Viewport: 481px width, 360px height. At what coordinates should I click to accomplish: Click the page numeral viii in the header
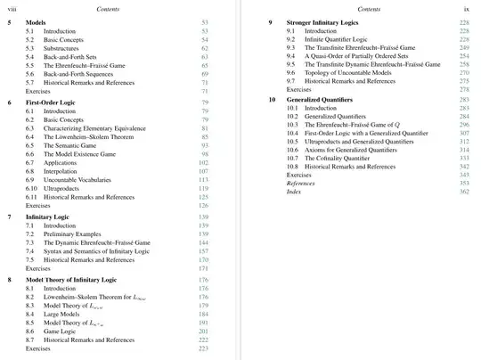point(12,6)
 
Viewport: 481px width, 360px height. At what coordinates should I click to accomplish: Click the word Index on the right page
point(294,192)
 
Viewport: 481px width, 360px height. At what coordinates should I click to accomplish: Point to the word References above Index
point(300,184)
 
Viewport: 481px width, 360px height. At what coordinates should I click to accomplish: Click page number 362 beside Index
point(464,192)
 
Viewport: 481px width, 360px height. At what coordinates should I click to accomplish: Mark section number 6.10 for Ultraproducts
point(31,188)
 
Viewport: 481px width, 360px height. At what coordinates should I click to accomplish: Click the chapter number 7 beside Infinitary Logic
point(9,217)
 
